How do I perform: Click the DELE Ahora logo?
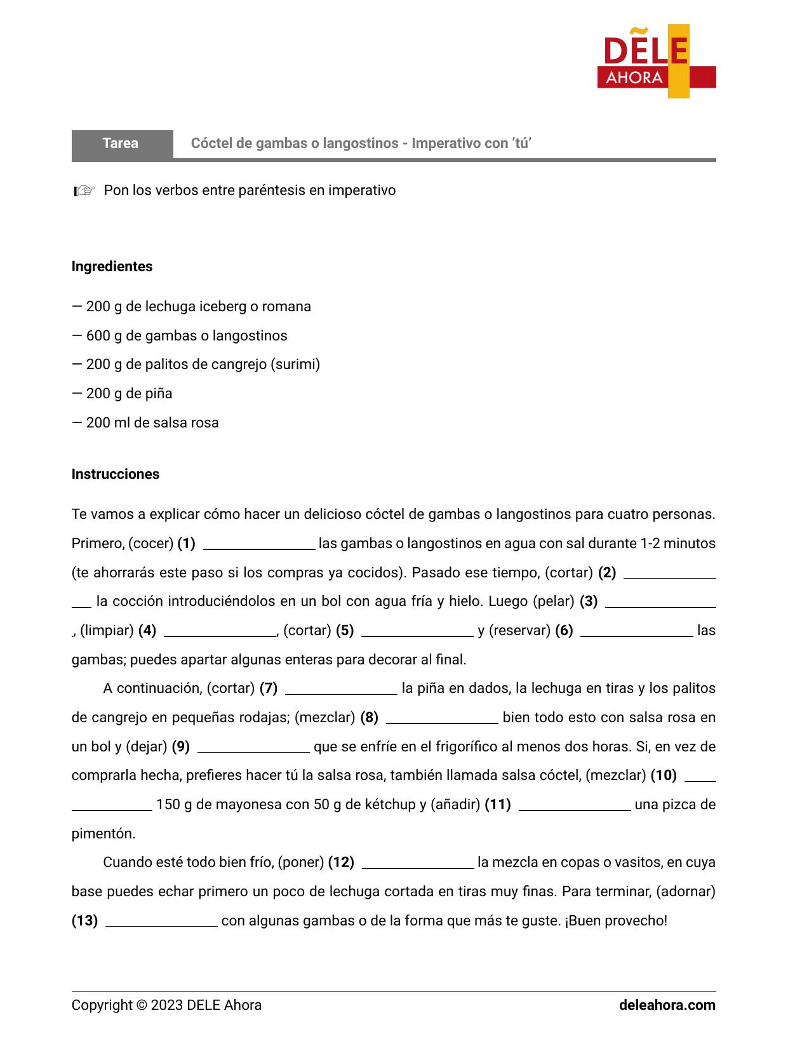(x=656, y=62)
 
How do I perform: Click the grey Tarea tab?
(x=121, y=144)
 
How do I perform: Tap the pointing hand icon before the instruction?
(x=84, y=191)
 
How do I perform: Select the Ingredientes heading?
(x=112, y=267)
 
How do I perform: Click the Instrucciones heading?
(x=115, y=474)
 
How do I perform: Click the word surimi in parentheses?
(x=295, y=365)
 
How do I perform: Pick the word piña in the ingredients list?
(x=158, y=394)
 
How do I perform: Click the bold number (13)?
(x=84, y=921)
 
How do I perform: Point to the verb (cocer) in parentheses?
(x=151, y=544)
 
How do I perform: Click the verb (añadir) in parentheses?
(x=455, y=805)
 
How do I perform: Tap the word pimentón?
(x=103, y=834)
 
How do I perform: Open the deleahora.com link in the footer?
(x=667, y=1005)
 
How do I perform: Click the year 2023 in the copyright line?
(x=166, y=1005)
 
